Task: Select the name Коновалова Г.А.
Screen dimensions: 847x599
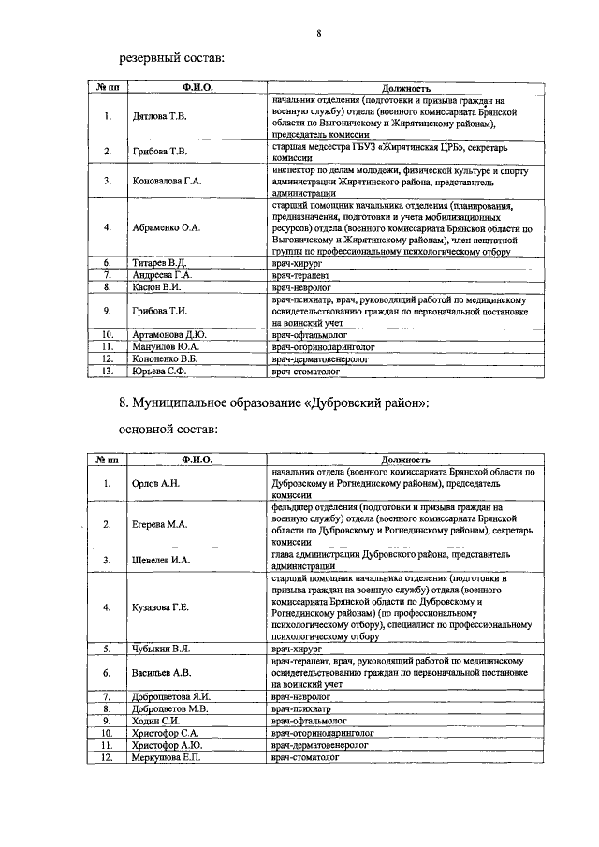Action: [167, 181]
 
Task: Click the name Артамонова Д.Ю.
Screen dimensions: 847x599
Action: [168, 333]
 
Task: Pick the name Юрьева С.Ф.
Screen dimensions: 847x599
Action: [157, 372]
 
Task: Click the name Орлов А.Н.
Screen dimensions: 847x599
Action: [154, 484]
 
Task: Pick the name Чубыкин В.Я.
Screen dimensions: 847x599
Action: [160, 647]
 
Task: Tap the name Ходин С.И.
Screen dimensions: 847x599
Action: [156, 721]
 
